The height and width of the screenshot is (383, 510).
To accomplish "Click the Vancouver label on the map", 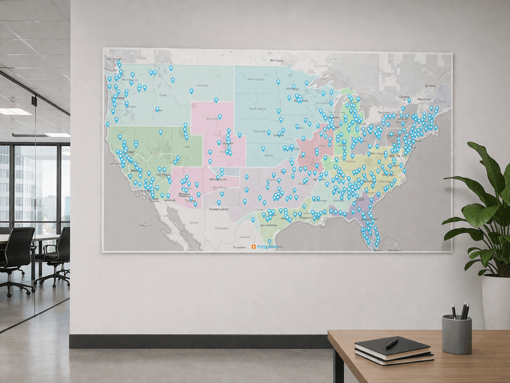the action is [113, 59].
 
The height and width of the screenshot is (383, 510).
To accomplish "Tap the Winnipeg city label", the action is [276, 60].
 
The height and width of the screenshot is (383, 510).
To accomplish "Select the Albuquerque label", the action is [217, 180].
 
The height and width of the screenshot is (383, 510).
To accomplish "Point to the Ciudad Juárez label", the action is [219, 209].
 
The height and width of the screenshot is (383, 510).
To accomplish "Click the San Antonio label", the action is [268, 225].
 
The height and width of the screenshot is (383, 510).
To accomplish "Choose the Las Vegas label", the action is [163, 175].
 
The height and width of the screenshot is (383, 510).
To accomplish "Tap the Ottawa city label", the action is [404, 97].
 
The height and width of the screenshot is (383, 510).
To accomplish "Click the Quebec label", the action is [430, 86].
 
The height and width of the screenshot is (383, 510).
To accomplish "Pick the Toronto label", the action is [383, 113].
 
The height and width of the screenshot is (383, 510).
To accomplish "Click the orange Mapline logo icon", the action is [253, 247].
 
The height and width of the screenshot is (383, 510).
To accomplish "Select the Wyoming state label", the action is [212, 119].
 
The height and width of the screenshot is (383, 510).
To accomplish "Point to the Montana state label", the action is [202, 85].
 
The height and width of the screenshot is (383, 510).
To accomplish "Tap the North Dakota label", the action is [256, 79].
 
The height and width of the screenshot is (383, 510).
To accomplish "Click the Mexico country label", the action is [145, 225].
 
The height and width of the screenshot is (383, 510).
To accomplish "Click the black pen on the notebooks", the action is [392, 343].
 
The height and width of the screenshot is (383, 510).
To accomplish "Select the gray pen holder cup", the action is [457, 335].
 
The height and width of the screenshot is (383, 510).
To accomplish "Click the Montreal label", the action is [424, 99].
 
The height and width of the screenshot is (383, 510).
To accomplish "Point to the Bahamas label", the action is [394, 250].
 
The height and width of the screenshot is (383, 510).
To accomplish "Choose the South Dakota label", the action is [257, 109].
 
